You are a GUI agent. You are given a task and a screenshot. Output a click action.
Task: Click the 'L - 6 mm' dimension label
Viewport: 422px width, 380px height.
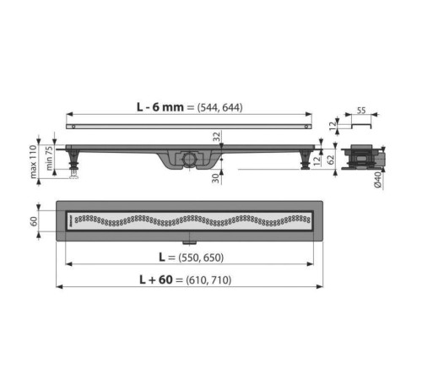pyautogui.click(x=160, y=107)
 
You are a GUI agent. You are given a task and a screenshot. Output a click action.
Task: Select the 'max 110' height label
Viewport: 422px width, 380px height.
pyautogui.click(x=34, y=161)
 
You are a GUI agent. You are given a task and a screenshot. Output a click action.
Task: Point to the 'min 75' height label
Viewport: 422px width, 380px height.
pyautogui.click(x=49, y=158)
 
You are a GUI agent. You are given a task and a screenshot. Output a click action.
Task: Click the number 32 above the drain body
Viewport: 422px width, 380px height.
pyautogui.click(x=216, y=137)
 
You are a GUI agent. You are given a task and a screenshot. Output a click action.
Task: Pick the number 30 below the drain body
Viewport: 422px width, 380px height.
pyautogui.click(x=215, y=178)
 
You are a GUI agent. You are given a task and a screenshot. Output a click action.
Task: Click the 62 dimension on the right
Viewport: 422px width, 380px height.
pyautogui.click(x=331, y=160)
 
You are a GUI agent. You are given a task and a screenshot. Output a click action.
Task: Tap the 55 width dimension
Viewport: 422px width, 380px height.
pyautogui.click(x=361, y=111)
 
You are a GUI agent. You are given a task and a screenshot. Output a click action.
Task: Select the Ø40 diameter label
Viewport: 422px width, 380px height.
pyautogui.click(x=377, y=180)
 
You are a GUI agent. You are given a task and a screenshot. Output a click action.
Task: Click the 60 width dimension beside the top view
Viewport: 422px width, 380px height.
pyautogui.click(x=34, y=221)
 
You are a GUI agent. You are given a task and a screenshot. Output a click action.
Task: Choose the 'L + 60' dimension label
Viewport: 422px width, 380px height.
pyautogui.click(x=156, y=280)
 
